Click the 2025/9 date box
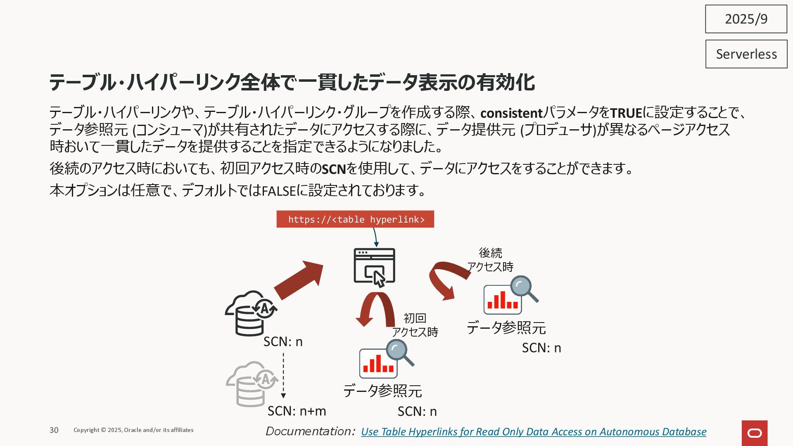[746, 19]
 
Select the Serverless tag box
[746, 54]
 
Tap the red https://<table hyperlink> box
[355, 219]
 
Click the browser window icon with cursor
[374, 267]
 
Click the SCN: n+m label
[297, 411]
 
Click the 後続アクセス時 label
[490, 260]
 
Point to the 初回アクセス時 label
[415, 325]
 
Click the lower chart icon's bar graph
[378, 364]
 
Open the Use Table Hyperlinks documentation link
[533, 432]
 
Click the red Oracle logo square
[754, 433]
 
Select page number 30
[54, 430]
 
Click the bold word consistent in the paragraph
[511, 113]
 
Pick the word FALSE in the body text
[279, 190]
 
